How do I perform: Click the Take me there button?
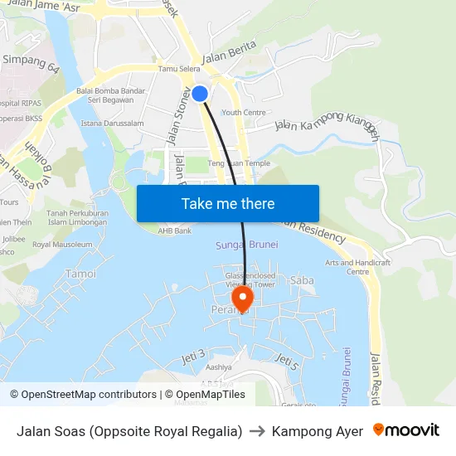pos(228,203)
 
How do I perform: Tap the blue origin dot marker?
pos(200,94)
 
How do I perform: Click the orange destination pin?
pos(243,298)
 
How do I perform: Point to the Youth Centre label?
pos(244,113)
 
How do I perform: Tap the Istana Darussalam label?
pos(112,124)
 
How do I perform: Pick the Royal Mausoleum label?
pos(62,245)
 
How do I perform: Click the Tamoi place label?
pos(80,274)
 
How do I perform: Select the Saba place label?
pos(302,280)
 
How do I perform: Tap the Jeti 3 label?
pos(193,357)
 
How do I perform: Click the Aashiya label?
pos(218,366)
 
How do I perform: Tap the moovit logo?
pos(405,431)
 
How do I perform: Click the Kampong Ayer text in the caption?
pos(318,431)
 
